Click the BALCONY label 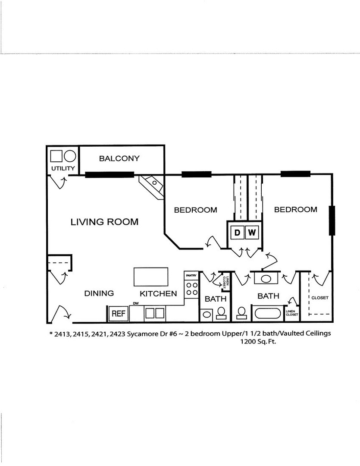point(119,158)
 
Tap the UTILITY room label point(63,168)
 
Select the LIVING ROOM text point(105,222)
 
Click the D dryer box point(237,233)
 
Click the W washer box point(252,233)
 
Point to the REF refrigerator point(118,314)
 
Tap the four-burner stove point(191,289)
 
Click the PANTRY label point(191,275)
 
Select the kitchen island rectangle point(151,277)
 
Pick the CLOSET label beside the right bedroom point(320,297)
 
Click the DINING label point(99,293)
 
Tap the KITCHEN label point(158,294)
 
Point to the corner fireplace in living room point(151,187)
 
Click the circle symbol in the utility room point(70,156)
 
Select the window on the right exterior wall point(332,220)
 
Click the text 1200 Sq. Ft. point(258,341)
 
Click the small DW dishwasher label point(136,303)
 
